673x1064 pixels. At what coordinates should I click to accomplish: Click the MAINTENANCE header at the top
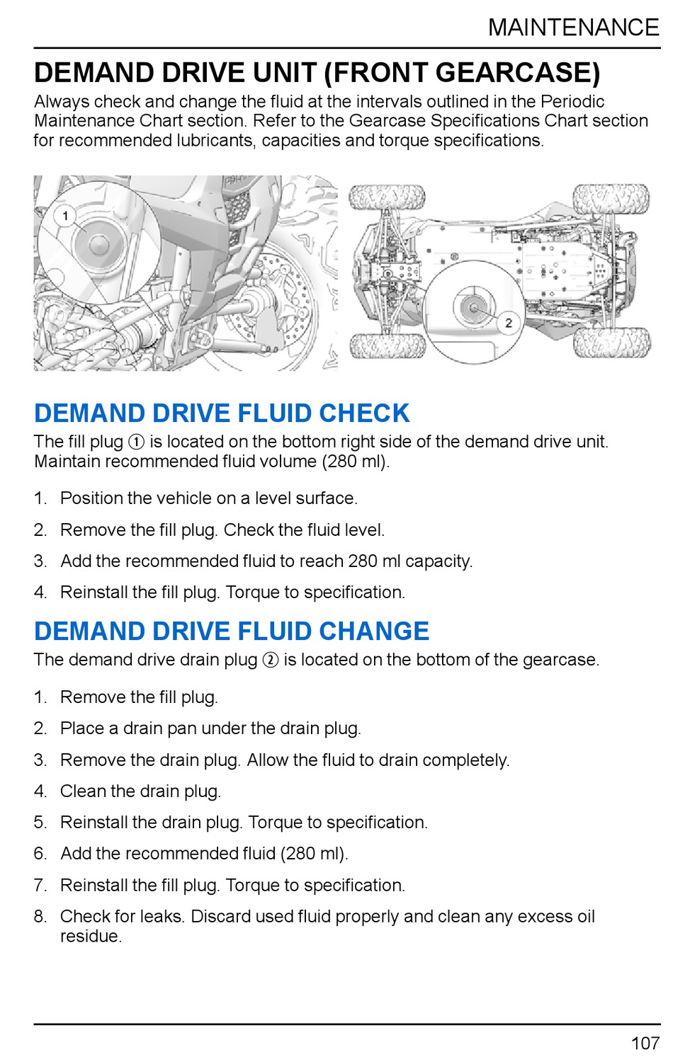pos(573,28)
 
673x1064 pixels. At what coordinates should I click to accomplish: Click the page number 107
pos(645,1043)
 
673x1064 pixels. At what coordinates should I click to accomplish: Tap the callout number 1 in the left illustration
pos(65,215)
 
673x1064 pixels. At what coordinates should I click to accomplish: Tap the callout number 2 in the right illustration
pos(509,323)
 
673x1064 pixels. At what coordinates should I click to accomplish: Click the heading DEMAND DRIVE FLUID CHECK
pos(222,413)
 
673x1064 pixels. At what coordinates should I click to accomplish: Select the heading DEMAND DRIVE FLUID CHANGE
pos(232,631)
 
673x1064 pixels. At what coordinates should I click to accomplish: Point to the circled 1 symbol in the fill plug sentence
pos(136,442)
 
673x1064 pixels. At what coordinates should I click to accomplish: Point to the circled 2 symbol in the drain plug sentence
pos(270,660)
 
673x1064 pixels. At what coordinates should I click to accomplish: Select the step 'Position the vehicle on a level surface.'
pos(208,498)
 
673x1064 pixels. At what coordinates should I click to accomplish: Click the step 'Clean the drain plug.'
pos(140,791)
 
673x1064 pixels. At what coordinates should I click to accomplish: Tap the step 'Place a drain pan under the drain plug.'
pos(210,728)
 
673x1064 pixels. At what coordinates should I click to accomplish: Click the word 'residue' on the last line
pos(90,937)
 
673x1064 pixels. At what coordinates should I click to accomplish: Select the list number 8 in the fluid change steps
pos(40,917)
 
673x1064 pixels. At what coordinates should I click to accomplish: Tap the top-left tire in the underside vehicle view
pos(387,198)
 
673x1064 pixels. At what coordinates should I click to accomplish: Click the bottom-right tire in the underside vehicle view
pos(611,343)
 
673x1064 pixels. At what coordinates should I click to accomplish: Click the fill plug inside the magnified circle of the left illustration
pos(98,244)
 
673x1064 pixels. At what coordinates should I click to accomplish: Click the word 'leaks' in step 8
pos(162,917)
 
